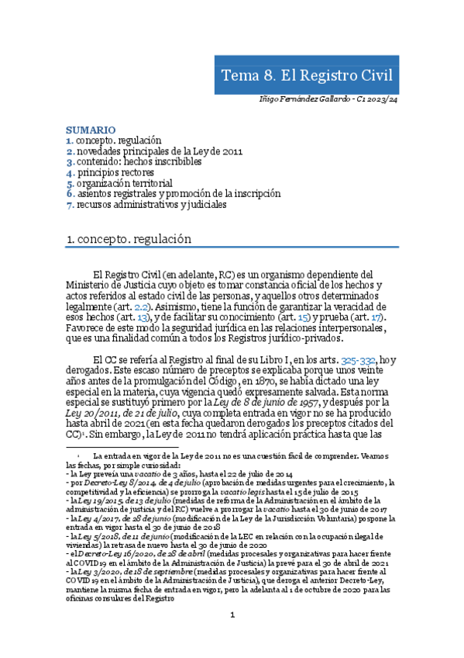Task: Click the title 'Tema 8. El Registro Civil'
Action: [x=307, y=75]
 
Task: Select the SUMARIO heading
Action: [x=91, y=130]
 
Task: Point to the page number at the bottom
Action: [x=232, y=637]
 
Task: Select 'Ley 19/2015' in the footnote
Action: [x=108, y=503]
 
